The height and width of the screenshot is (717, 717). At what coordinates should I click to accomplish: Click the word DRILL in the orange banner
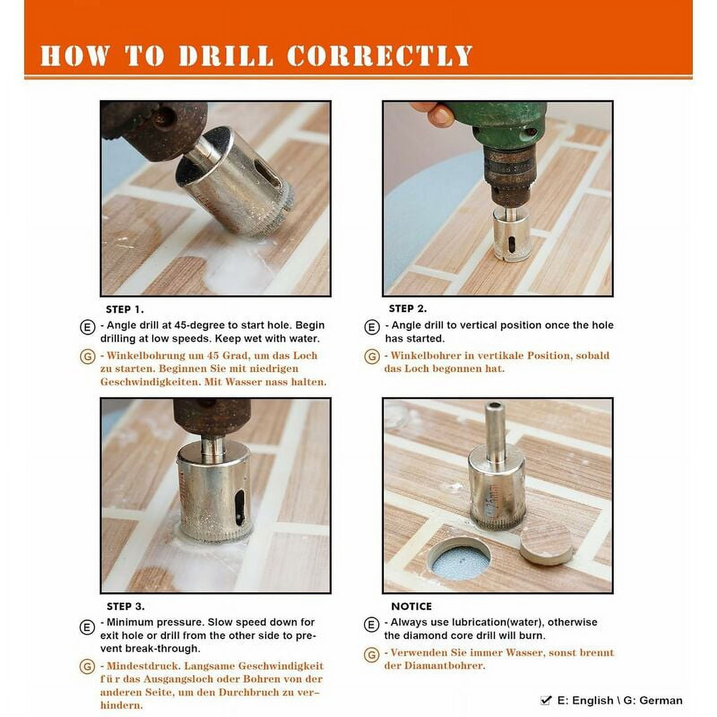click(225, 56)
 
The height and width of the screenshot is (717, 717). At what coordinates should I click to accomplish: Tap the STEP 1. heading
click(125, 309)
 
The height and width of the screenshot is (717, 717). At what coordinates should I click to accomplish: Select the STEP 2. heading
click(408, 309)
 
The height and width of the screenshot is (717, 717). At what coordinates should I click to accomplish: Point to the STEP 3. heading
click(125, 606)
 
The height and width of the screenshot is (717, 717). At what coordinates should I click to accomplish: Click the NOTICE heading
click(411, 606)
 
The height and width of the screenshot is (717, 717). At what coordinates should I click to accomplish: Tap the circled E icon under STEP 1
click(87, 327)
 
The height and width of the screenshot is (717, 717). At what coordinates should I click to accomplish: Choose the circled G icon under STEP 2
click(371, 357)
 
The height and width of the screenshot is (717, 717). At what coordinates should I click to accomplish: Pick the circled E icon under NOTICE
click(371, 624)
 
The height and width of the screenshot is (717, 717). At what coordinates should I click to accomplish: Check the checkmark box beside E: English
click(546, 700)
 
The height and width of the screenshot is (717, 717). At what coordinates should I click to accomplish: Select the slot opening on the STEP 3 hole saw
click(240, 507)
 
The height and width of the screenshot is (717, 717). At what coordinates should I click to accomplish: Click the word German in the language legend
click(661, 700)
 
